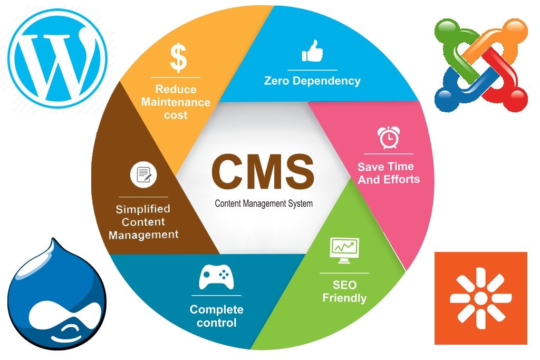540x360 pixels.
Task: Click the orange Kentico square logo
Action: [480, 298]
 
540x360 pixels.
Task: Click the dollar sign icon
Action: [178, 58]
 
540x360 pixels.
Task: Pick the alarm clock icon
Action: [388, 138]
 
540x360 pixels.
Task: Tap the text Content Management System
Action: [263, 203]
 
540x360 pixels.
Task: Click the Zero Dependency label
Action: [312, 81]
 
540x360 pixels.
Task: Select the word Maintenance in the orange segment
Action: [176, 102]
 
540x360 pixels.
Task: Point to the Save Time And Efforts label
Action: [389, 173]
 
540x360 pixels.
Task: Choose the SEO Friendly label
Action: [344, 291]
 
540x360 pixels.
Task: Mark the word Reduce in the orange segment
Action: [176, 89]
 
